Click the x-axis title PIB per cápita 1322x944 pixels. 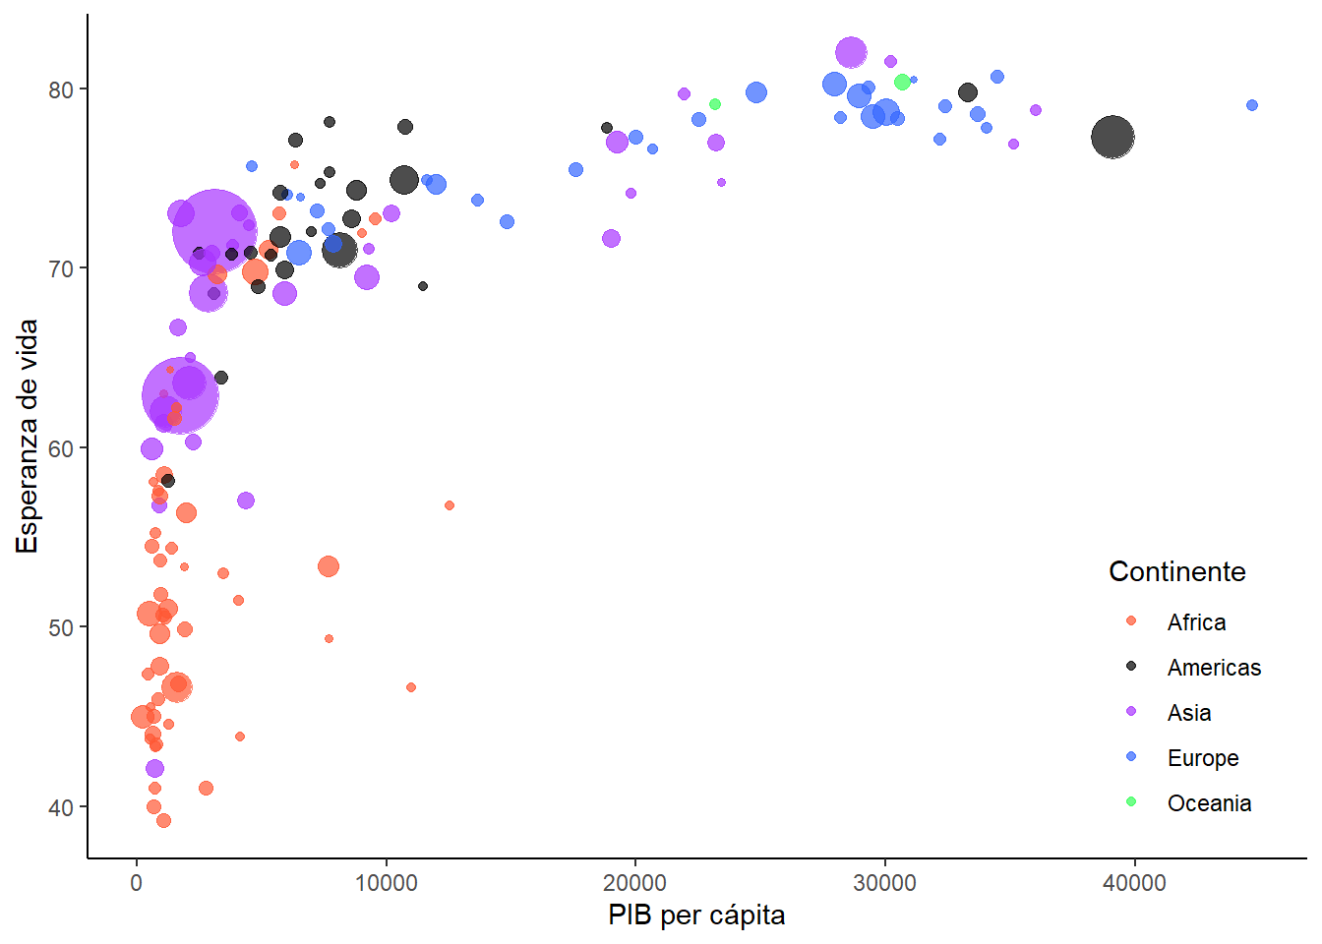(x=696, y=915)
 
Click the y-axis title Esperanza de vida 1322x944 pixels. (x=28, y=437)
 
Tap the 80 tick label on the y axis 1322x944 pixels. (x=61, y=89)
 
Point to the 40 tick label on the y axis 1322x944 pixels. (x=61, y=807)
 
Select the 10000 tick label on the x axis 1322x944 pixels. (x=386, y=883)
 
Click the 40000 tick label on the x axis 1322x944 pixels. (x=1134, y=883)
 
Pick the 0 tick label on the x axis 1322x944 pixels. (x=136, y=883)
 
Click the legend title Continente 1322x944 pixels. (x=1176, y=571)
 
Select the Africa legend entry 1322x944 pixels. (x=1196, y=622)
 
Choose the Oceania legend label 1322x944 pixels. (x=1209, y=803)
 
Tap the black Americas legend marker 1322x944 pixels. (x=1131, y=667)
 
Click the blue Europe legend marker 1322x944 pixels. (x=1131, y=757)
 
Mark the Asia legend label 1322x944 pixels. (x=1188, y=713)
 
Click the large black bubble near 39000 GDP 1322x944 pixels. (x=1112, y=137)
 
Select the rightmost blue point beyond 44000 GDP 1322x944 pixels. (x=1252, y=105)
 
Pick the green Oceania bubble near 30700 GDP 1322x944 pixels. (x=902, y=82)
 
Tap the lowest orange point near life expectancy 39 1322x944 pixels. (x=163, y=821)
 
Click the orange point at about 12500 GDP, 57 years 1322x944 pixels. (x=450, y=505)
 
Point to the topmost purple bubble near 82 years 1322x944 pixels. (x=851, y=53)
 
